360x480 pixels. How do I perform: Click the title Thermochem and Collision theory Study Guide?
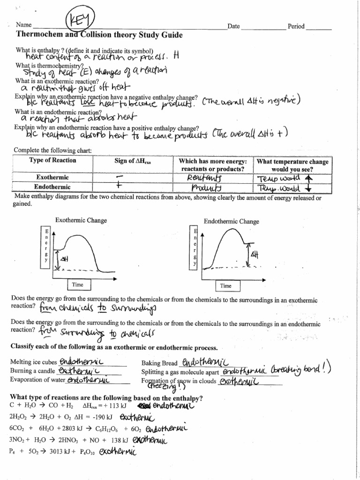99,36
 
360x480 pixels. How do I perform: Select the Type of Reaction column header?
53,161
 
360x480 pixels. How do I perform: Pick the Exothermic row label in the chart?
53,178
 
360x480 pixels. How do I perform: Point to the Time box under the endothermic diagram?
226,285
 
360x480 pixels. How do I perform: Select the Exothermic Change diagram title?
81,220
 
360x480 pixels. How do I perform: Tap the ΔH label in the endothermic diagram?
254,255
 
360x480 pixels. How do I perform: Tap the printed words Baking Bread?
159,363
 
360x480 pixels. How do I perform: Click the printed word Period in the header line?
296,27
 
